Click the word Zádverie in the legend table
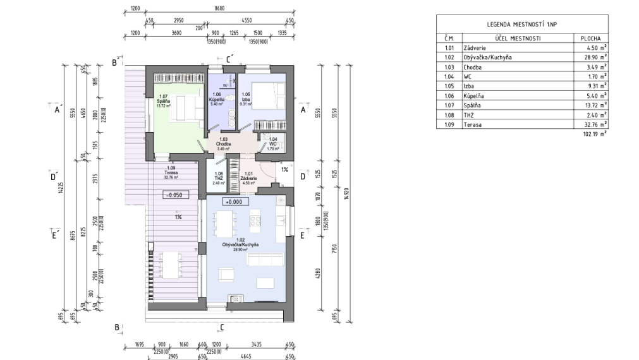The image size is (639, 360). pos(475,47)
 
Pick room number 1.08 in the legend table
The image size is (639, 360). pos(449,116)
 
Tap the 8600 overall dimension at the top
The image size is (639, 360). pos(219,9)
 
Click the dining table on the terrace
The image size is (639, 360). pos(170,265)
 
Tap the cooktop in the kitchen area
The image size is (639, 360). pos(256,220)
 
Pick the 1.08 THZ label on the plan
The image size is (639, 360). pos(219,177)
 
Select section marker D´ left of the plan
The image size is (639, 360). pos(54,176)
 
